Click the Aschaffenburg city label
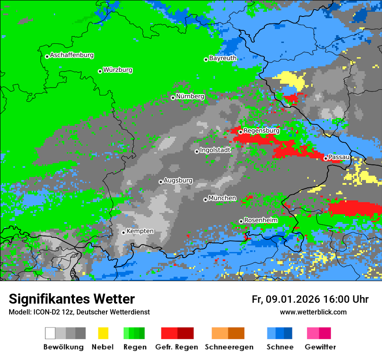(72, 56)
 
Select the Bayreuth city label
(223, 58)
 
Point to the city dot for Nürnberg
(173, 98)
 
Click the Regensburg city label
(261, 131)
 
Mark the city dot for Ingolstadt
(197, 151)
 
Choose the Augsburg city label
(178, 181)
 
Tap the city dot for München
(205, 200)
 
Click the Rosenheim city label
(260, 220)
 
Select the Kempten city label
(140, 231)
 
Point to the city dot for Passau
(326, 158)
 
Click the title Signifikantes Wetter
(72, 299)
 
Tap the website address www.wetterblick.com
(313, 312)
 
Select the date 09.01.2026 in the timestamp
(292, 300)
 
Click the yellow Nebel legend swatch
(102, 333)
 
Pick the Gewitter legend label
(320, 347)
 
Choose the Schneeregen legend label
(228, 347)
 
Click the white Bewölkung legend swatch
(50, 333)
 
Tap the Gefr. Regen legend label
(177, 347)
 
